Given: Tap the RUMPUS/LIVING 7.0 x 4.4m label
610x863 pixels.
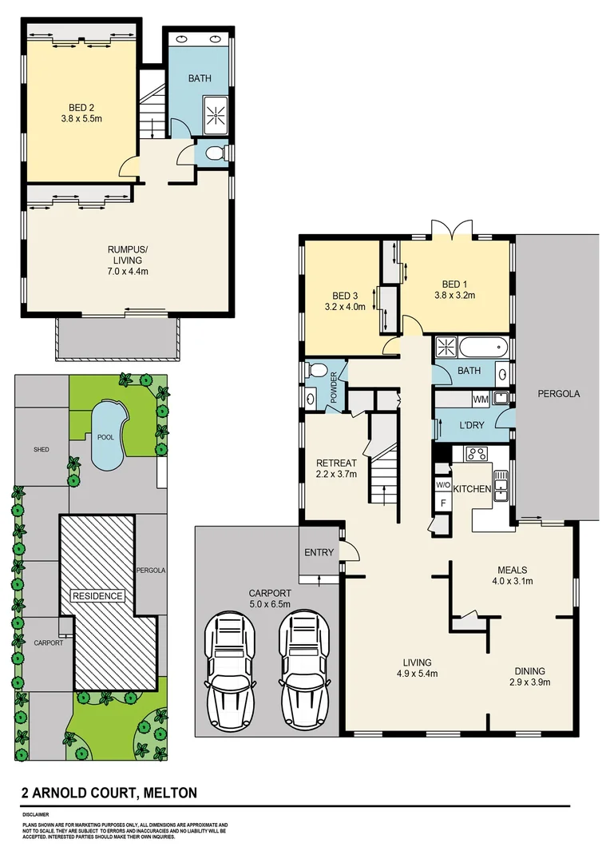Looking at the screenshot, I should pos(128,260).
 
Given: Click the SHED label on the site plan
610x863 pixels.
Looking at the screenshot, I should pos(42,450).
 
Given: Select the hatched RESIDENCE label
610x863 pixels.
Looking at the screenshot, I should pos(98,595).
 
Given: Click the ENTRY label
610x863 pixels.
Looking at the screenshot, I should pos(319,553).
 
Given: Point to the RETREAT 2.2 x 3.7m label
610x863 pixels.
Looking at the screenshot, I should pos(336,468).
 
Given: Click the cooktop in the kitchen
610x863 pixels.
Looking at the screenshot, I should pos(477,455).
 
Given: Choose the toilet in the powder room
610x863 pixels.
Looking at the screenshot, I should pos(316,371).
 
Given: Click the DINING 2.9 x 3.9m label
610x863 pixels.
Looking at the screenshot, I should pos(529,676).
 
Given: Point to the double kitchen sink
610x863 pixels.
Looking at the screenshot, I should pos(501,484).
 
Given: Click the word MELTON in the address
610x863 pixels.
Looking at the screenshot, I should pos(168,793).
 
